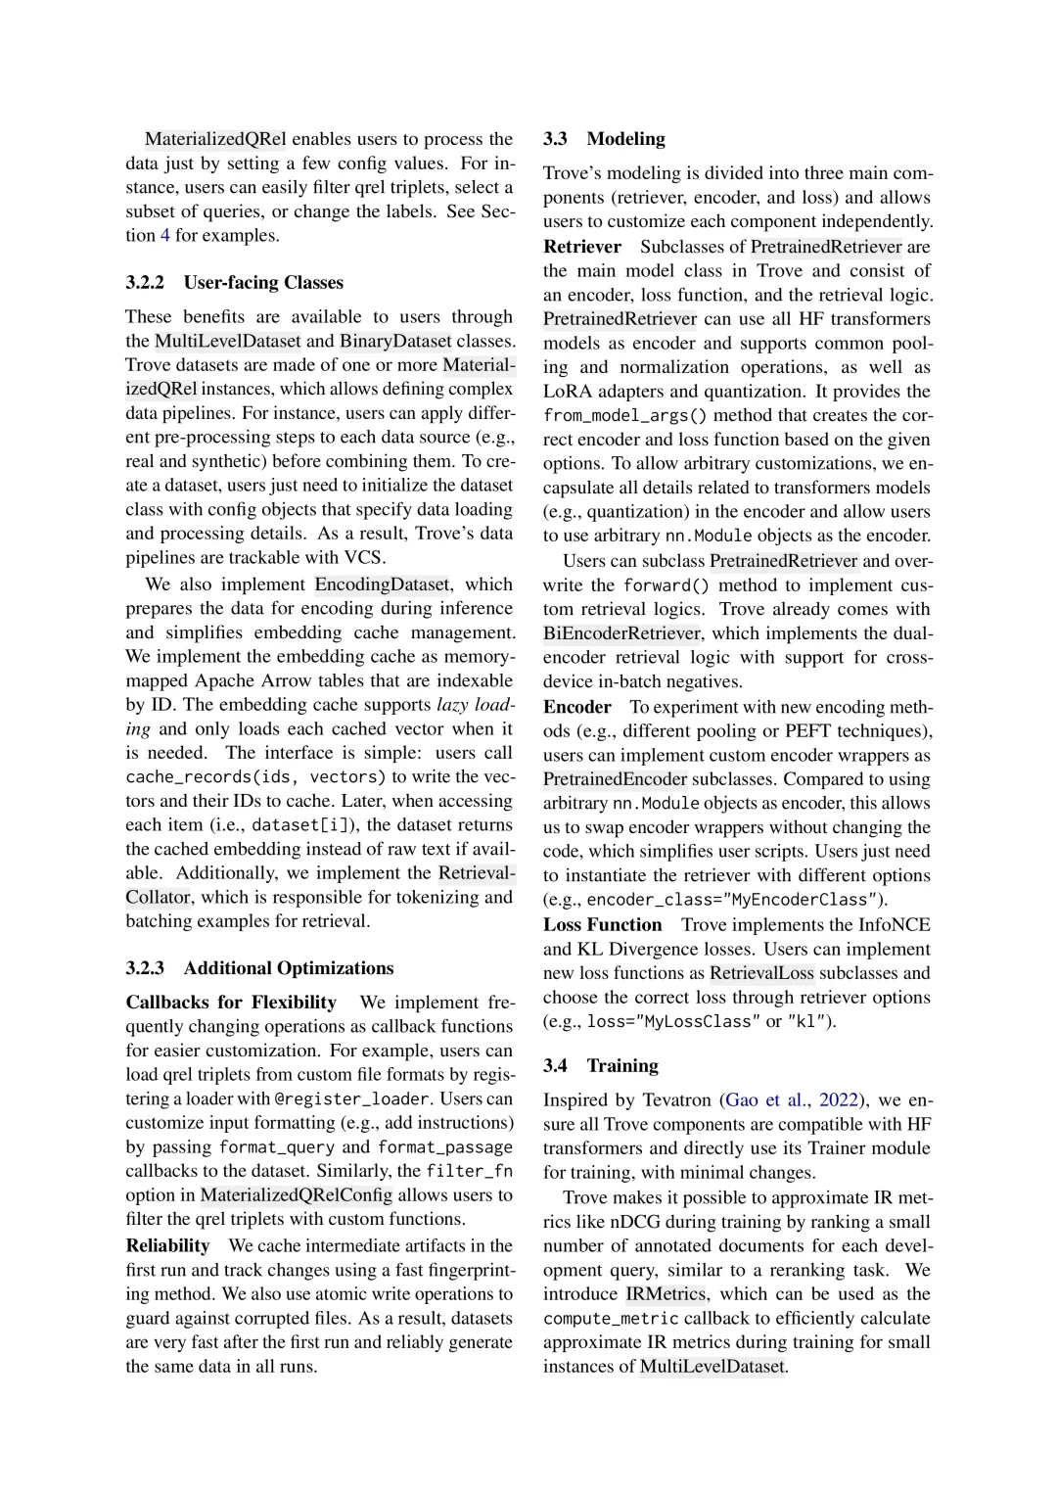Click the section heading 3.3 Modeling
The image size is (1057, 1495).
click(x=604, y=139)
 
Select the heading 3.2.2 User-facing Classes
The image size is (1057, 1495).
click(x=234, y=283)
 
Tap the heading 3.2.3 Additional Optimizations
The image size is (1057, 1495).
click(x=259, y=968)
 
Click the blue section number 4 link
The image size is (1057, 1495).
click(x=165, y=235)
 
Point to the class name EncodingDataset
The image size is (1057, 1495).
click(x=382, y=584)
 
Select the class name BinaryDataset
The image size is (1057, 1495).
click(x=395, y=341)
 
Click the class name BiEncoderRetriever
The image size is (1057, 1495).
click(x=621, y=633)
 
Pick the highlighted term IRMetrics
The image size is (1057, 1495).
click(x=666, y=1293)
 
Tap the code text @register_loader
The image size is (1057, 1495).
click(x=352, y=1099)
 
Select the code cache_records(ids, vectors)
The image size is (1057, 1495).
click(x=256, y=777)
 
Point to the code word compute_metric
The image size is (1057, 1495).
click(x=611, y=1319)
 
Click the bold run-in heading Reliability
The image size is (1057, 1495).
click(x=167, y=1245)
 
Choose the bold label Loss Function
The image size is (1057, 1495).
click(x=603, y=925)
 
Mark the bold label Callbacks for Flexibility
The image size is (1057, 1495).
click(x=231, y=1003)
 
